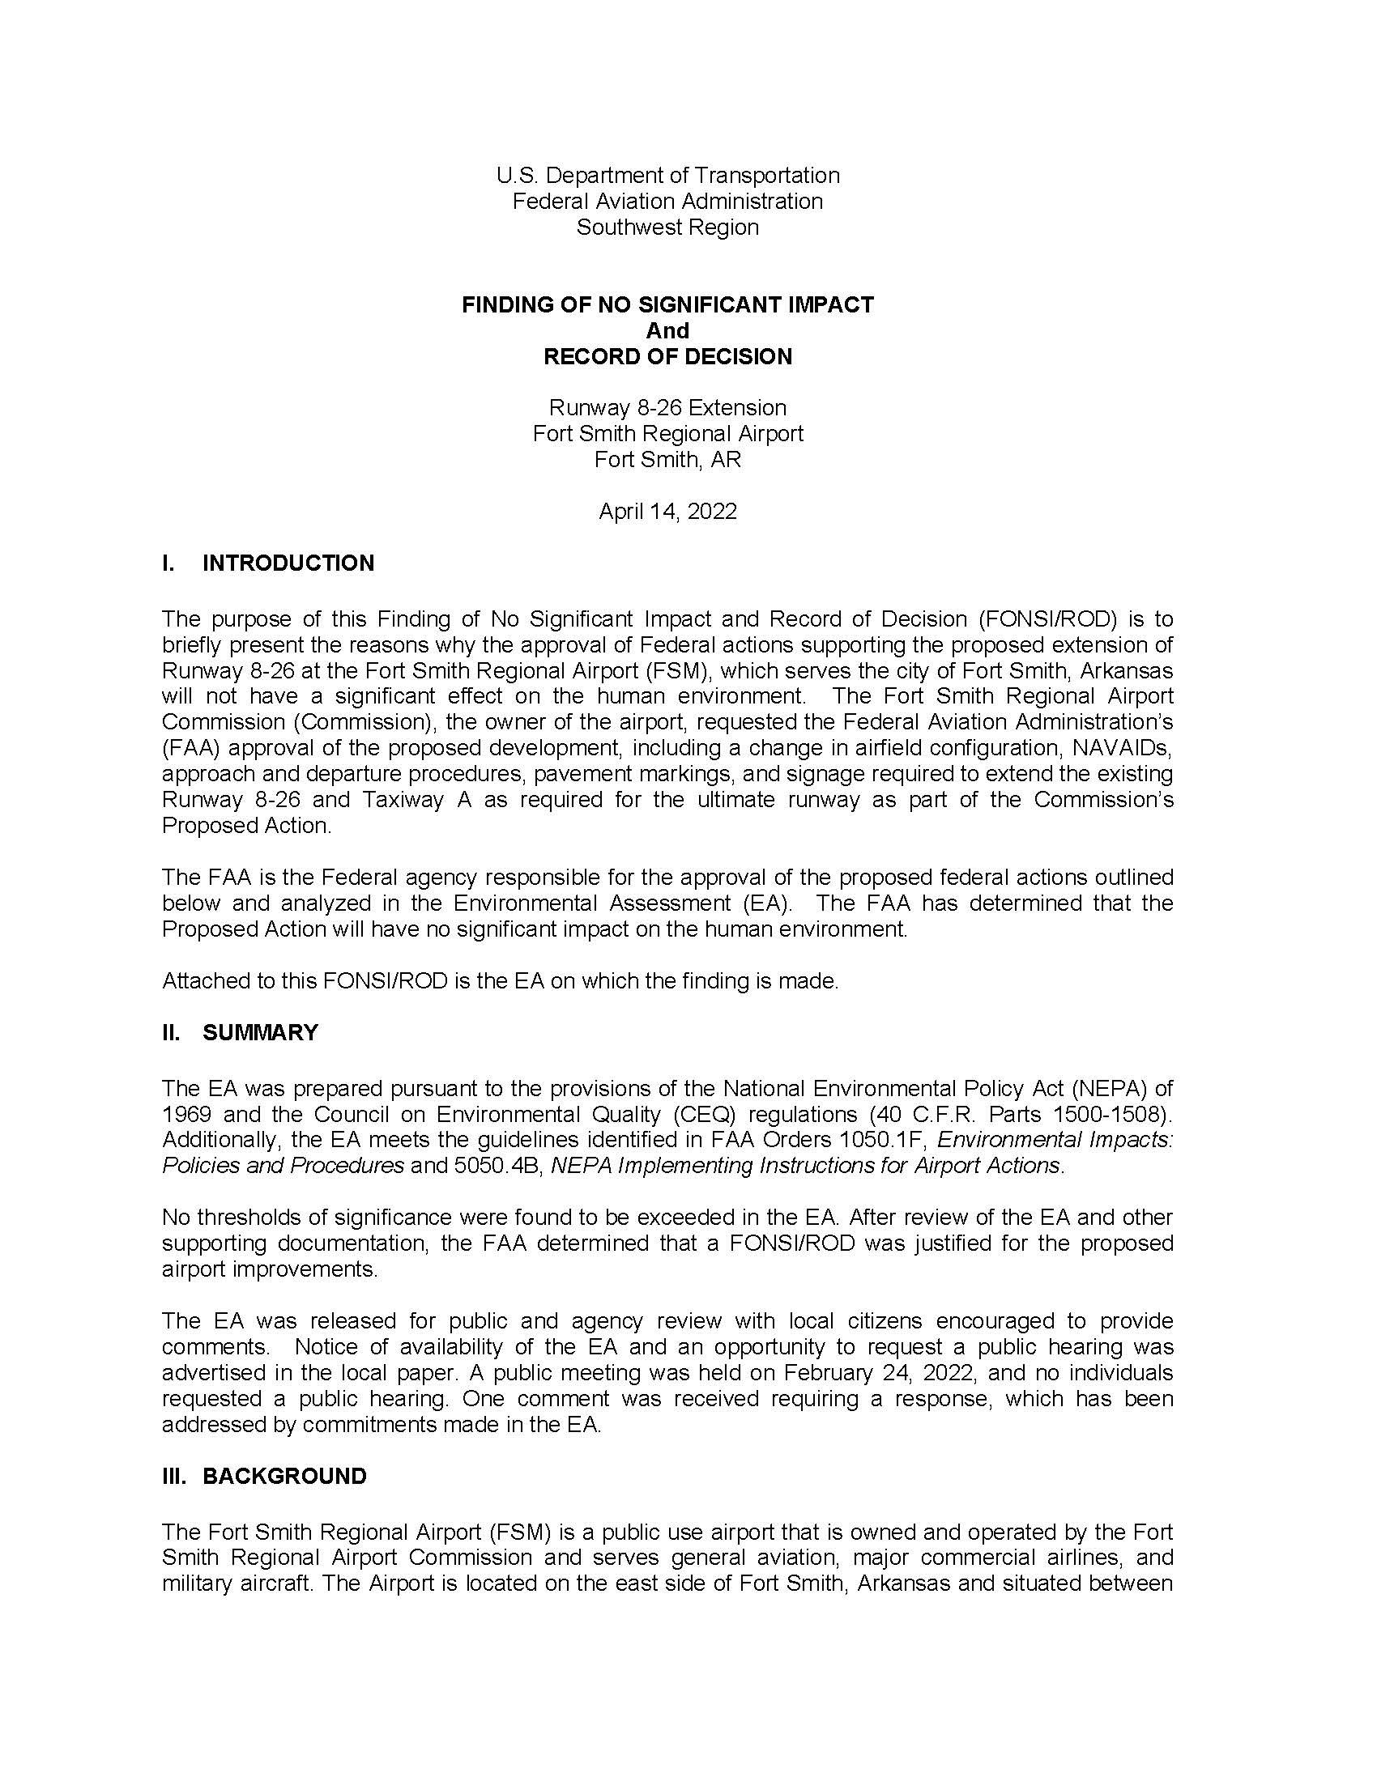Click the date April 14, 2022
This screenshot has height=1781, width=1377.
667,512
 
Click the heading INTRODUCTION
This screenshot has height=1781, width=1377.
288,563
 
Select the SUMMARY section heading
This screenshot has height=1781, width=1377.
260,1032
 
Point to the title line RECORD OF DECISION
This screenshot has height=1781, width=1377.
667,356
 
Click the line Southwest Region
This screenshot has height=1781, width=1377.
667,227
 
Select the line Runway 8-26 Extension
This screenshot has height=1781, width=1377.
667,408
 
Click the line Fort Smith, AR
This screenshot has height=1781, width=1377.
667,460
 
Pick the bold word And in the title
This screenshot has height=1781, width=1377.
667,330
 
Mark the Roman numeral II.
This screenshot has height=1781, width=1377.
171,1032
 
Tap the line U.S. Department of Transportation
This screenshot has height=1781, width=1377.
667,176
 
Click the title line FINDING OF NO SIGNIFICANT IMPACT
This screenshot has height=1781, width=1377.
667,305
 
